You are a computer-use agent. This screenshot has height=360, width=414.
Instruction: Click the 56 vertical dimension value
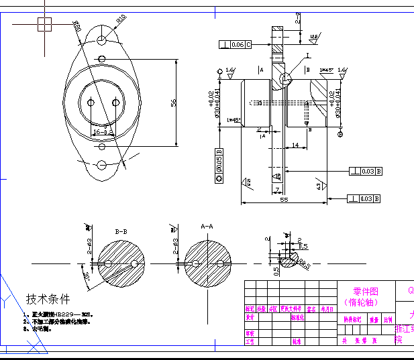coord(173,103)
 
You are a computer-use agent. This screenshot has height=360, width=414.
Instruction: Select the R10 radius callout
coord(121,19)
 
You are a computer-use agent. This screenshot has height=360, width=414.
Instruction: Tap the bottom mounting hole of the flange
coord(101,165)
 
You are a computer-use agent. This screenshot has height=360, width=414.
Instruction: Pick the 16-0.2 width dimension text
coord(103,133)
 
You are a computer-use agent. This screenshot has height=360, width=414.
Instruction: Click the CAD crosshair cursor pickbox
coord(44,24)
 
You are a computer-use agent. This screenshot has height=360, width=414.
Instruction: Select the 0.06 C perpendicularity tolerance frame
coord(235,45)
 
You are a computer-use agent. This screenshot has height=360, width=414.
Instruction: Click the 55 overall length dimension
coord(284,200)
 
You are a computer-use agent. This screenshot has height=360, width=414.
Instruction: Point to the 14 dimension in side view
coord(295,145)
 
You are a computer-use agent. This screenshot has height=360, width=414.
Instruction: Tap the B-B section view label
coord(121,232)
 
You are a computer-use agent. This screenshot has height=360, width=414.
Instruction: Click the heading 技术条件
coord(48,299)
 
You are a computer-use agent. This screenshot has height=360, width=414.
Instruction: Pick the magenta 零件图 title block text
coord(366,292)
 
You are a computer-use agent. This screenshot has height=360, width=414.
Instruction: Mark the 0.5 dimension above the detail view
coord(303,246)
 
